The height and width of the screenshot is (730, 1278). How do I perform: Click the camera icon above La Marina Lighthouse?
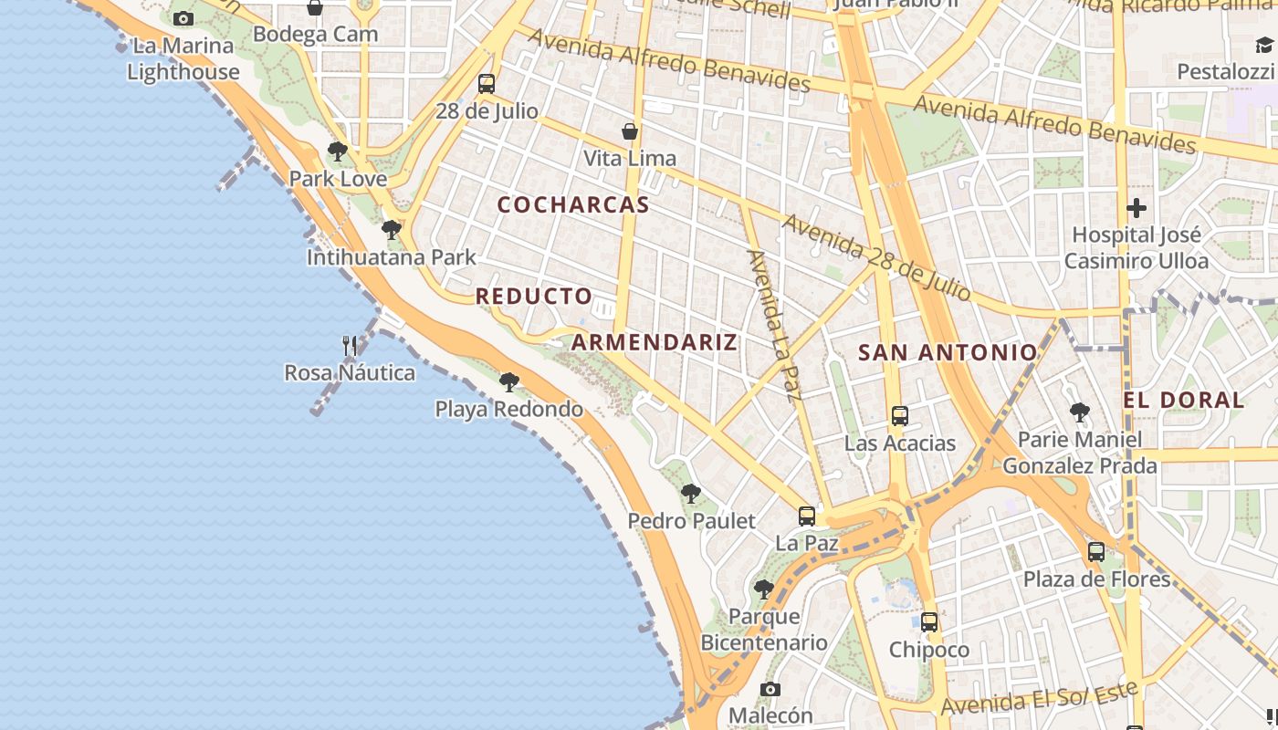pos(183,18)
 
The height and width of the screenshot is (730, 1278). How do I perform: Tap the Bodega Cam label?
pos(315,35)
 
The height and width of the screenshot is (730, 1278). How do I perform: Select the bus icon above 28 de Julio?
pos(487,84)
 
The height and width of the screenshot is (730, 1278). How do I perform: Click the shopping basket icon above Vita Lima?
pos(630,132)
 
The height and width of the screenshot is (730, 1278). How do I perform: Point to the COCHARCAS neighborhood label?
pos(573,204)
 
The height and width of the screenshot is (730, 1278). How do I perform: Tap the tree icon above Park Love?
pos(338,151)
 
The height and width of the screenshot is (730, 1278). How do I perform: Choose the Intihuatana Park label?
pos(391,257)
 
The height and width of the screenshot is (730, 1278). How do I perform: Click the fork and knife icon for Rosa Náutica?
pos(350,346)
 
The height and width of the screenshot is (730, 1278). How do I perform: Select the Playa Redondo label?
pos(508,409)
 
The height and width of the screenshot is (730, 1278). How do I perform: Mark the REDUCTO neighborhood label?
pos(534,297)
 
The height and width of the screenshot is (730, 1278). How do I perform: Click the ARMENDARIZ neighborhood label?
pos(655,343)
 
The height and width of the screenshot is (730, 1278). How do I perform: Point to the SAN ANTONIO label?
pos(948,352)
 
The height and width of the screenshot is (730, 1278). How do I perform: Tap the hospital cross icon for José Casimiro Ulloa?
pos(1137,208)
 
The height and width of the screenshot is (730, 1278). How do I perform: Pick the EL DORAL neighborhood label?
pos(1183,400)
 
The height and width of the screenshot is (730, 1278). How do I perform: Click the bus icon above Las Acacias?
pos(900,416)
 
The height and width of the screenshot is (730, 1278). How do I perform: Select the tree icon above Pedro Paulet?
pos(691,494)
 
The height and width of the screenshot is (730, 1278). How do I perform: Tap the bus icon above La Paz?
pos(807,516)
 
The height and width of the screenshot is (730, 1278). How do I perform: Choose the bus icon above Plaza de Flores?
pos(1096,552)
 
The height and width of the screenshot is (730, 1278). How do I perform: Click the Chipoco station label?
pos(929,650)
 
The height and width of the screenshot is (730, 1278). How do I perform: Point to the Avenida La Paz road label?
pos(774,325)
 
